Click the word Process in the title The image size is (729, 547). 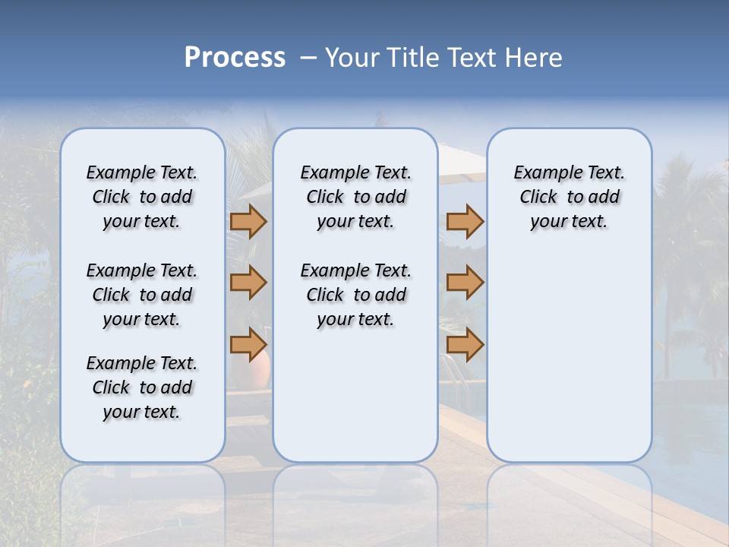coord(235,58)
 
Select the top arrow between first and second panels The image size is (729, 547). coord(248,222)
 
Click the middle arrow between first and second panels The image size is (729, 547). coord(248,283)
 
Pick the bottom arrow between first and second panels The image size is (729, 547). coord(248,345)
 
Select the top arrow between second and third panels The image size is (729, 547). coord(465,222)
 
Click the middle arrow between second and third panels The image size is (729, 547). coord(465,283)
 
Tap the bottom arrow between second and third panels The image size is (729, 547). coord(465,345)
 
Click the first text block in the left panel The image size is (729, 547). coord(142,197)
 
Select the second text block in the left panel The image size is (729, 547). coord(142,295)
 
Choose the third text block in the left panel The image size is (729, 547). coord(142,387)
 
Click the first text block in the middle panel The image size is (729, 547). coord(355,197)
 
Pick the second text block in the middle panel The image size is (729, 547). coord(355,295)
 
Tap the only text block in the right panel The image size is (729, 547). coord(569,197)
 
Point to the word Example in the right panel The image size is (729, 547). coord(541,173)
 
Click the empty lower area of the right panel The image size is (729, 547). coord(569,365)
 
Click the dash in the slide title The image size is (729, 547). coord(308,58)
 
